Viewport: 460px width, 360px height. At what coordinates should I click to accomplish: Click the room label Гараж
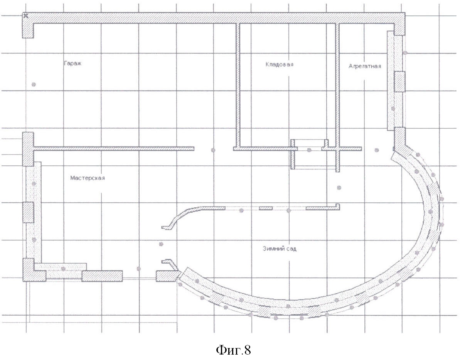(x=72, y=63)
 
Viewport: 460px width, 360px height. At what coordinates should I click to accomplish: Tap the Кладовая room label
(x=279, y=64)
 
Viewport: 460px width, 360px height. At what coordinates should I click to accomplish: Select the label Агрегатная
(x=365, y=66)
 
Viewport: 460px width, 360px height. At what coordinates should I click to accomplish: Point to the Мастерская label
(x=88, y=178)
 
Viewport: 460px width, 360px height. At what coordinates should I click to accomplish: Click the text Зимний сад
(x=280, y=249)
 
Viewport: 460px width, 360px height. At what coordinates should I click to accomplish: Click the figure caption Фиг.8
(x=234, y=350)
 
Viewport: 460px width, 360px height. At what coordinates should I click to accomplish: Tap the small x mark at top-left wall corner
(x=25, y=15)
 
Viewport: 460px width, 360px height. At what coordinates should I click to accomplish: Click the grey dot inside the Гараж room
(x=34, y=84)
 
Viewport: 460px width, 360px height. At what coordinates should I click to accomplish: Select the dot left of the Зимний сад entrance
(x=161, y=244)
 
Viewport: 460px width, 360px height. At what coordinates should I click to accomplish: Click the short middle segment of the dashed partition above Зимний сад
(x=266, y=208)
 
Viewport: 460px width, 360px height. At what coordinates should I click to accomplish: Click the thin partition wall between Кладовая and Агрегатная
(x=337, y=85)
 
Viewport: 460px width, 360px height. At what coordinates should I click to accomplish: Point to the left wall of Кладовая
(x=238, y=85)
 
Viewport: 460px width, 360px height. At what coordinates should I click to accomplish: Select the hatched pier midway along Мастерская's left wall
(x=28, y=212)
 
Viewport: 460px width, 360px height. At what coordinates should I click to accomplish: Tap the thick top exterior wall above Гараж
(x=214, y=18)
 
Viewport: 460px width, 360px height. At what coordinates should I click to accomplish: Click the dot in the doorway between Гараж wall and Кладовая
(x=213, y=150)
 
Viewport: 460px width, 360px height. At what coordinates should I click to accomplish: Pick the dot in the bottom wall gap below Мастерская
(x=139, y=269)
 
